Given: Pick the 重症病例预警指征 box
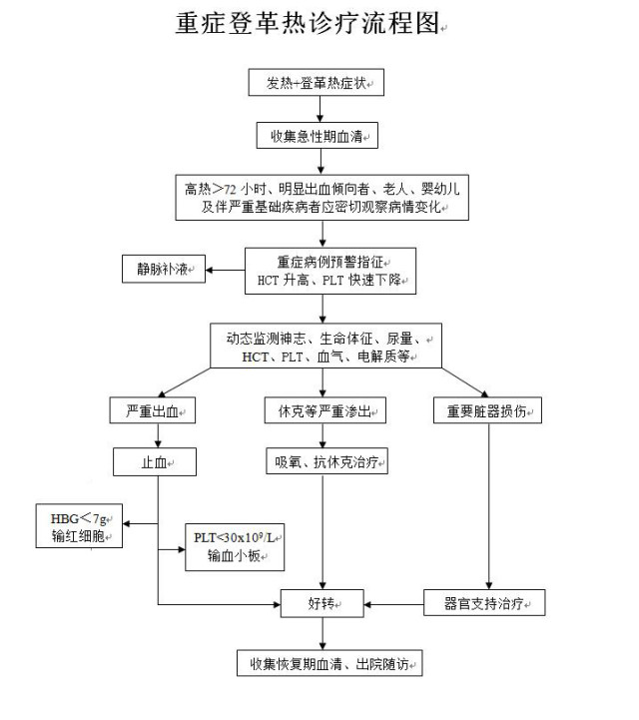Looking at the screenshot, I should tap(330, 271).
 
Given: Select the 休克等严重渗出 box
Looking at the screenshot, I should tap(323, 411).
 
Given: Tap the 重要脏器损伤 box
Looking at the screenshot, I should tap(488, 411).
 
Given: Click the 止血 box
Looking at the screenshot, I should tap(153, 463).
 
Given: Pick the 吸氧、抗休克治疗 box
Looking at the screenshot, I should tap(323, 463).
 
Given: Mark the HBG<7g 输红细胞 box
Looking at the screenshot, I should tap(79, 527).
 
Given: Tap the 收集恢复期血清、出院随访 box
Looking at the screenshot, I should tap(329, 663).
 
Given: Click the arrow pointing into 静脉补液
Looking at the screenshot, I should tap(225, 269).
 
